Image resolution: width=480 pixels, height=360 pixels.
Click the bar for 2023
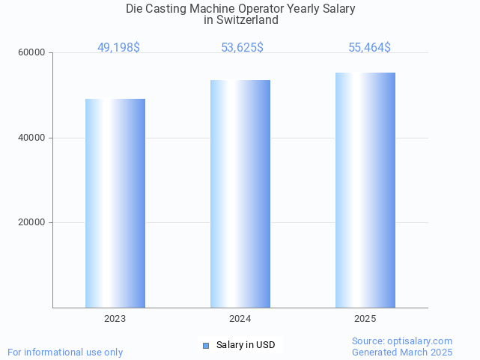click(115, 203)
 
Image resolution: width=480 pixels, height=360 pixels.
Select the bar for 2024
click(240, 194)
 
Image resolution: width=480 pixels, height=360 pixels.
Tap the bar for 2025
click(365, 190)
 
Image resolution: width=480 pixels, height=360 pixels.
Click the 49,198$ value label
click(118, 48)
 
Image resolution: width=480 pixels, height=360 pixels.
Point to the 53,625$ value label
click(242, 48)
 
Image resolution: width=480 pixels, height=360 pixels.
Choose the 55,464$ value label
click(369, 48)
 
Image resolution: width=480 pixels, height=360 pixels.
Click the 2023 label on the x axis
click(115, 319)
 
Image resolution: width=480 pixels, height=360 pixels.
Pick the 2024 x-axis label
click(240, 319)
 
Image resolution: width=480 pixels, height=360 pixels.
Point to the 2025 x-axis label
click(365, 319)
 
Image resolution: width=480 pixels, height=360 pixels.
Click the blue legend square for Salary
click(206, 345)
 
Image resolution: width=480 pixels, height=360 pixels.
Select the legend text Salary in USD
click(246, 345)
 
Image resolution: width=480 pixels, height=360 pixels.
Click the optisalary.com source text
click(402, 341)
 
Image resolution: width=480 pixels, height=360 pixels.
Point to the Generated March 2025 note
click(402, 352)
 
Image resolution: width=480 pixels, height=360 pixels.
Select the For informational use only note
click(65, 352)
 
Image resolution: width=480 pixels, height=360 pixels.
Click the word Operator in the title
click(276, 9)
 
